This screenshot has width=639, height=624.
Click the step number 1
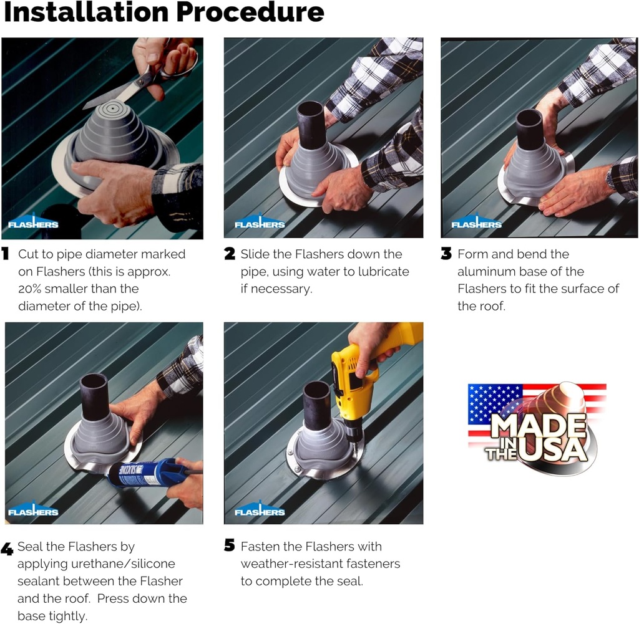tap(6, 254)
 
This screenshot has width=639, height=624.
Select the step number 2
tap(230, 254)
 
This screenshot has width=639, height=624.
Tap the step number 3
tap(446, 254)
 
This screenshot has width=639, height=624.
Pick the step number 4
tap(7, 549)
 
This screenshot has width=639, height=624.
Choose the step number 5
tap(230, 547)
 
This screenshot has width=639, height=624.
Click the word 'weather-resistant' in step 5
tap(290, 564)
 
